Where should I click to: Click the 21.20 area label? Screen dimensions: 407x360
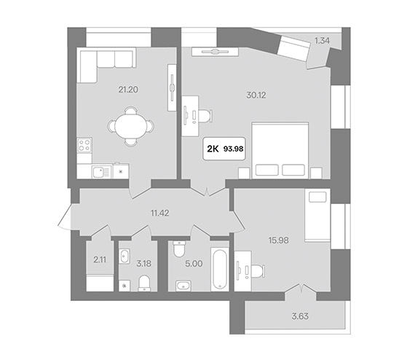point(128,90)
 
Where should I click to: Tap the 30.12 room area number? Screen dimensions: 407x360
point(256,95)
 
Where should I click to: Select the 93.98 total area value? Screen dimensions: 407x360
point(233,149)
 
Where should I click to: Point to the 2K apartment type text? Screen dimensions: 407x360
point(213,149)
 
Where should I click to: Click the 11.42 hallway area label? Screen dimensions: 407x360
point(160,214)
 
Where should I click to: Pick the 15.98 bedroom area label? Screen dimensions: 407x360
point(279,240)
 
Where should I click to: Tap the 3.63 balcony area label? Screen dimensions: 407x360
point(300,316)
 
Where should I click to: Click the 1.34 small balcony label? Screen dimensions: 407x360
point(322,41)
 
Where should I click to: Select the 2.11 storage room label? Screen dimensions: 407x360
point(100,259)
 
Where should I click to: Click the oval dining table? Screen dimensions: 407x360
point(130,127)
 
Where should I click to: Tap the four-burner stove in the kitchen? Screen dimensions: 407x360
point(84,145)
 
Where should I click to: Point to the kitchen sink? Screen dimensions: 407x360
point(101,172)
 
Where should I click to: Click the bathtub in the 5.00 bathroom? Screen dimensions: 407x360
point(220,270)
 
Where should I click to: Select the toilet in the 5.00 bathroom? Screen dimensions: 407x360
point(179,249)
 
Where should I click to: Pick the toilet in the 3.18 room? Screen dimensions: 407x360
point(144,283)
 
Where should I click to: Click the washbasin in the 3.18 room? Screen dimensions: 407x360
point(125,256)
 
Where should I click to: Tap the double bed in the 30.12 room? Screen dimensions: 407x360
point(280,150)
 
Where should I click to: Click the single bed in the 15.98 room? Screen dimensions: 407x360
point(317,215)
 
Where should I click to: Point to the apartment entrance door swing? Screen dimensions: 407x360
point(66,217)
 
